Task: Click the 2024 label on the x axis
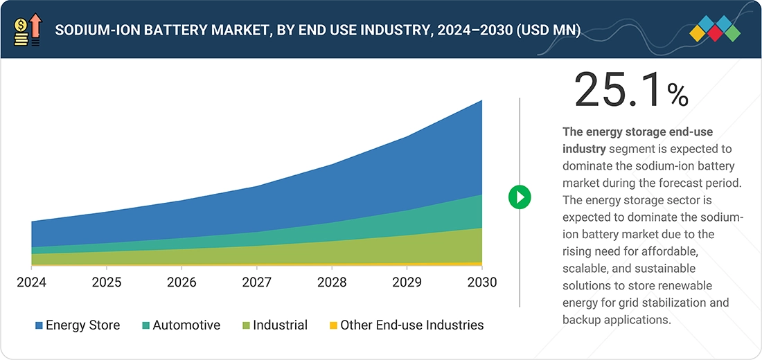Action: (31, 282)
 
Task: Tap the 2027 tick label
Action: (256, 282)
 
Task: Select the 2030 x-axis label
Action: (481, 282)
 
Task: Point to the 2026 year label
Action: (181, 282)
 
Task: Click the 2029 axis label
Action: (407, 282)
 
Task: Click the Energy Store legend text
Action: (82, 325)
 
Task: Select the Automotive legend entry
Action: (186, 325)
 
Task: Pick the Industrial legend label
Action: (280, 325)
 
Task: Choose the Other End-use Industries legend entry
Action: (411, 325)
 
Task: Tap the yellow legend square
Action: (333, 325)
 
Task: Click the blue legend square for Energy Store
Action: (39, 325)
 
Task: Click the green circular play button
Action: (520, 197)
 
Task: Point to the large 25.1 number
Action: (617, 91)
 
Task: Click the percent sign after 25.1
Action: (677, 95)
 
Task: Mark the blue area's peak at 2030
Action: (481, 101)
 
